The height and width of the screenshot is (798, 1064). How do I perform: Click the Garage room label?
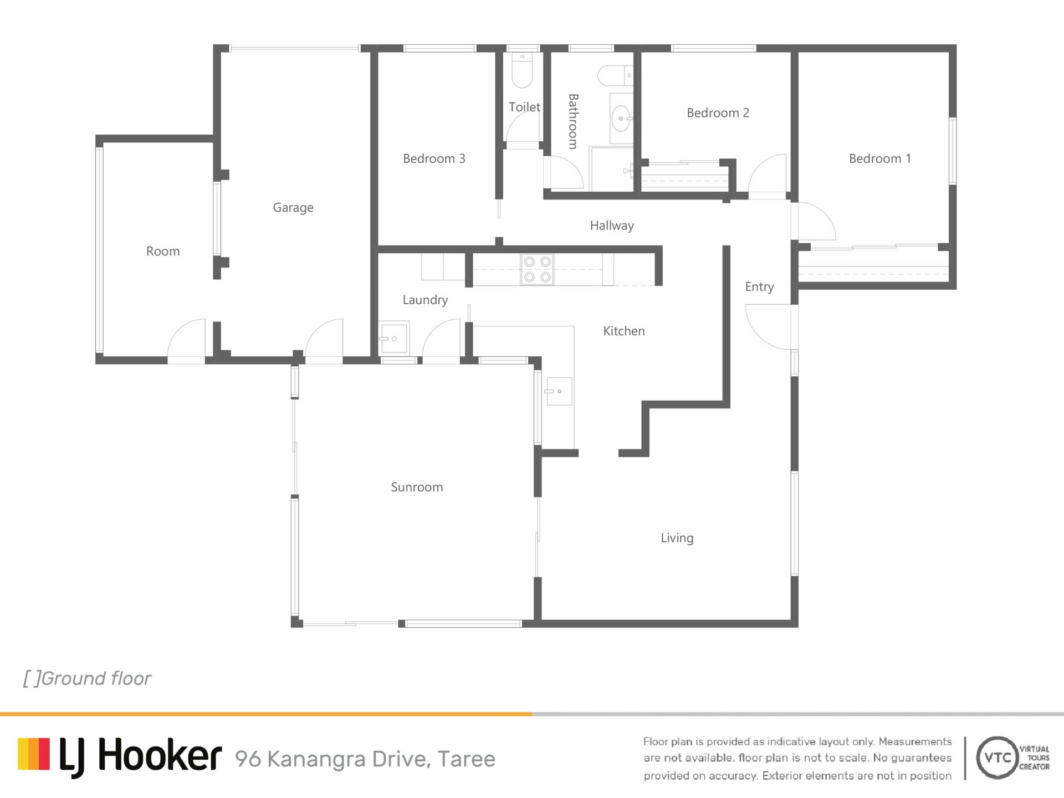coord(293,208)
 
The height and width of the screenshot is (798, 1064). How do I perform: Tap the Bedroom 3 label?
coord(434,158)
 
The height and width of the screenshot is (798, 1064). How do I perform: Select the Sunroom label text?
coord(417,487)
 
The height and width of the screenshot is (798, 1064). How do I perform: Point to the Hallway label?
coord(612,226)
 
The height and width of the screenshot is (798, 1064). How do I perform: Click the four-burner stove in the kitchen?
coord(537,269)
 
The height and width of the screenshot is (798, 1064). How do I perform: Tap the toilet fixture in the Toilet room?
coord(522,70)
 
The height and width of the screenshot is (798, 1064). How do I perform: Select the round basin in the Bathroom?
coord(621,118)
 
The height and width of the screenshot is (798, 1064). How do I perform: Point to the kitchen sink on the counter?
coord(559,391)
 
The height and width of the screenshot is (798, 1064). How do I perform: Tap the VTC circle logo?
coord(997,758)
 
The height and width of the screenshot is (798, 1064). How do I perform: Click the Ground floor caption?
coord(87,678)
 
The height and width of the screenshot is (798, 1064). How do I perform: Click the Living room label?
coord(677,538)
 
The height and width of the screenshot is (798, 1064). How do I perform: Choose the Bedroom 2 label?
coord(718,113)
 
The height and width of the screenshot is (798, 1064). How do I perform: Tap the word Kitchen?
coord(624,331)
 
